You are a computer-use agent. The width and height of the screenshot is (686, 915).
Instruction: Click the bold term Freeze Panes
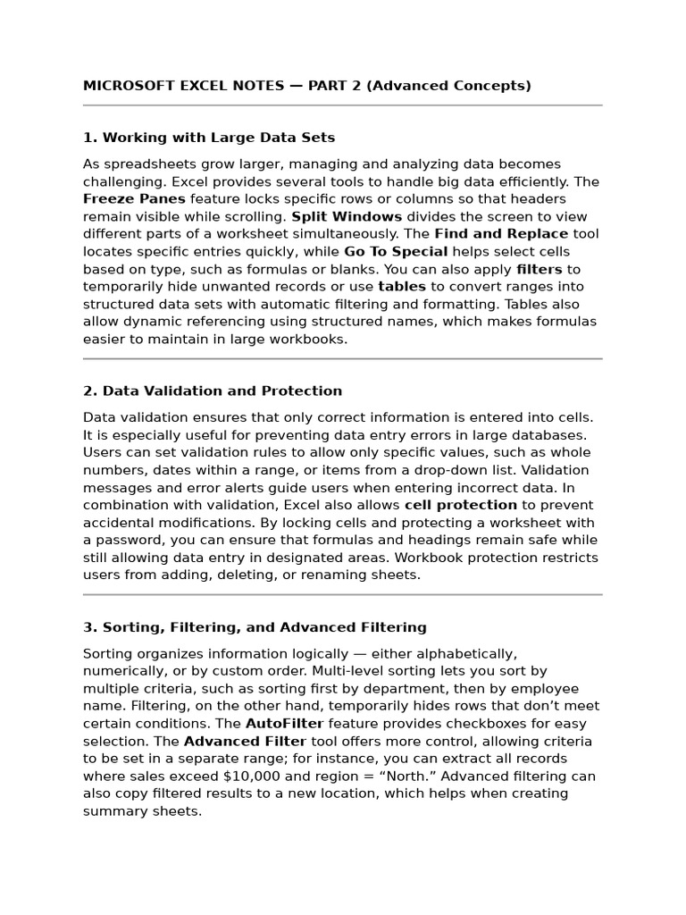coord(134,199)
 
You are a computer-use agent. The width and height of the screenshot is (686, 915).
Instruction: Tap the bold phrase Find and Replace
coord(501,234)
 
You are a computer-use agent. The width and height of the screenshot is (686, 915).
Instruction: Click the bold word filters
coord(540,269)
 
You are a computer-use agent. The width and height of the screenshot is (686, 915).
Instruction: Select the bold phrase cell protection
coord(461,505)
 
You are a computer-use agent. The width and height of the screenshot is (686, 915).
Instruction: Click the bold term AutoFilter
coord(285,723)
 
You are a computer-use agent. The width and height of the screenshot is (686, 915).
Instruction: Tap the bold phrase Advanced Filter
coord(245,741)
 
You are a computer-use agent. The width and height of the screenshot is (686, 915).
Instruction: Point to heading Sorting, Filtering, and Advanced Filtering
coord(255,627)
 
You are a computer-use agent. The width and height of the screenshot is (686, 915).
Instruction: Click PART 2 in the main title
coord(333,86)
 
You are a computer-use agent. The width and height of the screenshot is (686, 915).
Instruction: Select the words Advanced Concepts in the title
coord(448,86)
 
